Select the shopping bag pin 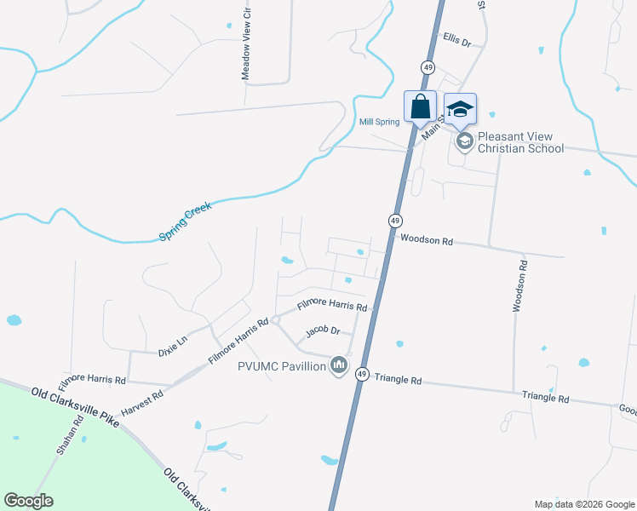tap(420, 107)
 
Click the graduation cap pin tap(460, 109)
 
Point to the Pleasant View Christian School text tap(520, 142)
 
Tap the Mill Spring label tap(379, 122)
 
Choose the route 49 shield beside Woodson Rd tap(395, 220)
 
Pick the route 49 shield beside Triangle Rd tap(362, 374)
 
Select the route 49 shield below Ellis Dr tap(428, 66)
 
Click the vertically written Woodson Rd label tap(519, 286)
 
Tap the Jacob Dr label tap(323, 330)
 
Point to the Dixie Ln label tap(174, 349)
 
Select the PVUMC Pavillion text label tap(282, 366)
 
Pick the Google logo tap(28, 500)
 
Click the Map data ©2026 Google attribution tap(583, 504)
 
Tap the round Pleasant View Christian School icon tap(464, 141)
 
